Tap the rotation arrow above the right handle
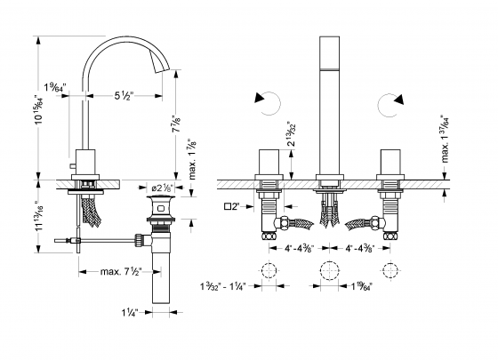389,105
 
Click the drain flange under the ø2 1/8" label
163,202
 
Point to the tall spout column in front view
328,107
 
